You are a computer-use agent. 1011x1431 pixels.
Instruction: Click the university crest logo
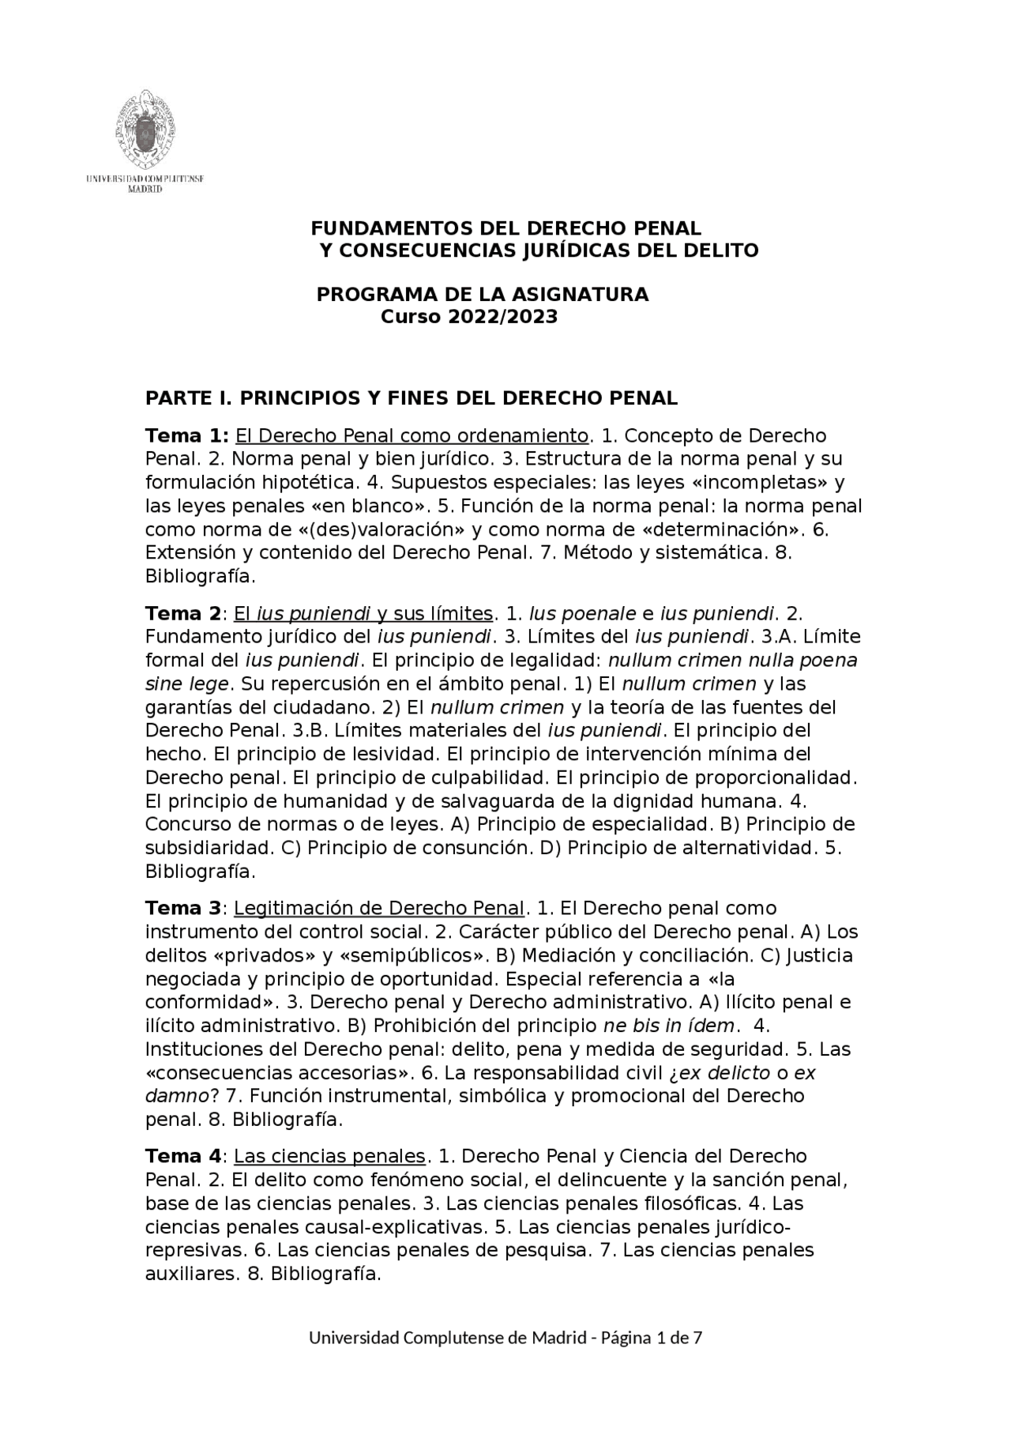click(x=145, y=129)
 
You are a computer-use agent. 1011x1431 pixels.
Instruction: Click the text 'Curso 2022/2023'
click(x=469, y=317)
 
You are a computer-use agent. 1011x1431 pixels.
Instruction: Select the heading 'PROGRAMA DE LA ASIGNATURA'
click(x=482, y=295)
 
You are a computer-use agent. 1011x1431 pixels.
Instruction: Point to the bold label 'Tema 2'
click(x=183, y=614)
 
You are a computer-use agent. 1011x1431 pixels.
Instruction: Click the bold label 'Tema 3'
click(x=183, y=909)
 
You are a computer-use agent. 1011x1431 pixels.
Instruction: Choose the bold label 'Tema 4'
click(x=183, y=1157)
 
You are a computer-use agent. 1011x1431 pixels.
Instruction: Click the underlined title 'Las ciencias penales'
click(x=329, y=1157)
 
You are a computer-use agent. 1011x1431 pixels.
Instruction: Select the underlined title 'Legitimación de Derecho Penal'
click(x=379, y=909)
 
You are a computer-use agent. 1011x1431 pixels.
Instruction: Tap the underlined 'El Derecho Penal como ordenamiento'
click(x=412, y=436)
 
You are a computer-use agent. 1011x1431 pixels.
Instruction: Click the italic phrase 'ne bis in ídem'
click(x=670, y=1026)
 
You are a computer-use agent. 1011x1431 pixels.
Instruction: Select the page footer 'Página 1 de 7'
click(x=652, y=1338)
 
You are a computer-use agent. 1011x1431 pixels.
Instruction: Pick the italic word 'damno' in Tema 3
click(x=178, y=1097)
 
